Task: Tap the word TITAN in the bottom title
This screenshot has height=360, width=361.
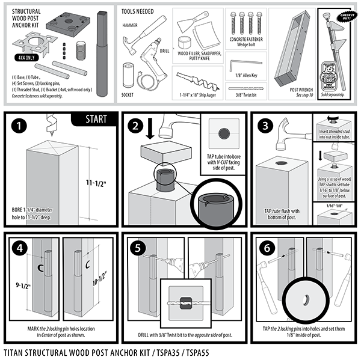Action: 15,351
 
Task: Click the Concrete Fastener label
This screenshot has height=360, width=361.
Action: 246,38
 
